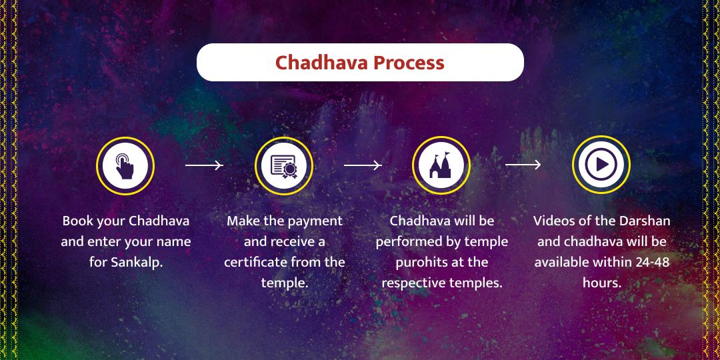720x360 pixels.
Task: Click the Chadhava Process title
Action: (x=360, y=63)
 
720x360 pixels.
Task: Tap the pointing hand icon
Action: (x=125, y=165)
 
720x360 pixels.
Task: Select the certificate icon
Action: (x=283, y=165)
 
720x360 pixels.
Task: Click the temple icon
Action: (x=441, y=165)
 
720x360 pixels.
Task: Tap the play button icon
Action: (x=601, y=165)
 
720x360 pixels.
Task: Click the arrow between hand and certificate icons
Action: (x=203, y=165)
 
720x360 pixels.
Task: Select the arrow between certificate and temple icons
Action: (x=362, y=165)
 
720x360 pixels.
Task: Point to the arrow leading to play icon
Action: (x=523, y=165)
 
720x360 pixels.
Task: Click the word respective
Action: (x=413, y=283)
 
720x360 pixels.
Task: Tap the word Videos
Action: (x=554, y=221)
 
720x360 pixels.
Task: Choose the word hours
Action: (x=601, y=283)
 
